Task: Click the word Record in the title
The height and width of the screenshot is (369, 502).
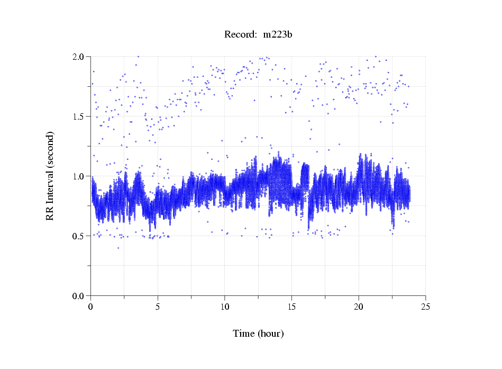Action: pos(239,35)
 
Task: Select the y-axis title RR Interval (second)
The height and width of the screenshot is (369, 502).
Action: pos(50,176)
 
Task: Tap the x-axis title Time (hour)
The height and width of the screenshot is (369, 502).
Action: pos(258,334)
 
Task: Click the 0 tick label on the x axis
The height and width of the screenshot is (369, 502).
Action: pos(91,307)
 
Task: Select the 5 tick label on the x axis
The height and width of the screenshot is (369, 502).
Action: pos(158,307)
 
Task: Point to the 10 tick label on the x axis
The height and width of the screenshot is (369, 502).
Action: pos(225,307)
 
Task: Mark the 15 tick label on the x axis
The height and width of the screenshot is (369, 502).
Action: pos(292,307)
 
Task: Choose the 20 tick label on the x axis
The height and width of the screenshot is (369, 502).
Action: pos(359,307)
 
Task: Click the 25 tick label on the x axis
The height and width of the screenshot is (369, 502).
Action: pos(426,307)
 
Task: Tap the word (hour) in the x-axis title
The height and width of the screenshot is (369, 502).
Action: pos(271,334)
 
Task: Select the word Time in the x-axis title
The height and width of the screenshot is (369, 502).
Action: pos(244,334)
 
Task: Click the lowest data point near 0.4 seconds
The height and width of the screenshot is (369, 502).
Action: pos(118,248)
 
